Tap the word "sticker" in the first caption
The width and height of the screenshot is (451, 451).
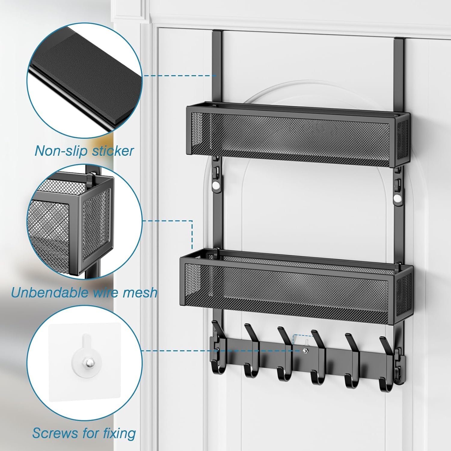[x=113, y=151]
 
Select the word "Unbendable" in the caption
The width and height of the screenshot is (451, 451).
[x=50, y=292]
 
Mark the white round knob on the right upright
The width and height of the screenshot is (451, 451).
[x=398, y=199]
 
